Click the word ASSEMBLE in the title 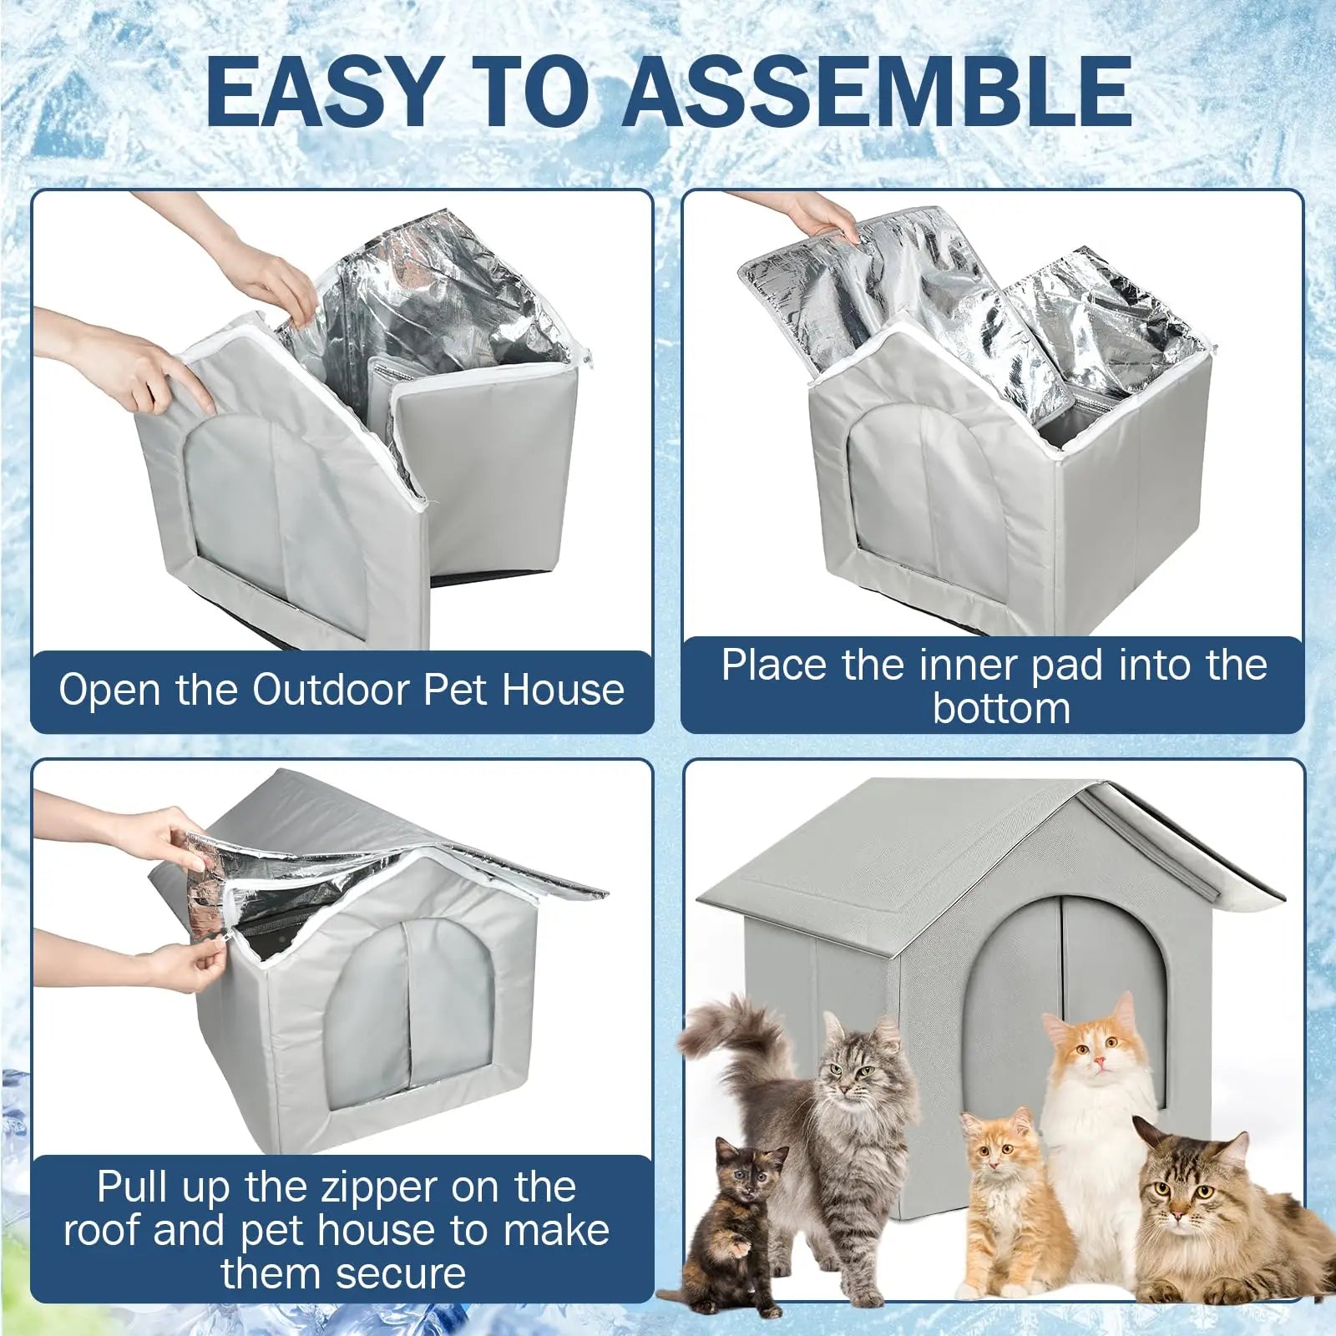(877, 92)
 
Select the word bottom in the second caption (1001, 708)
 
